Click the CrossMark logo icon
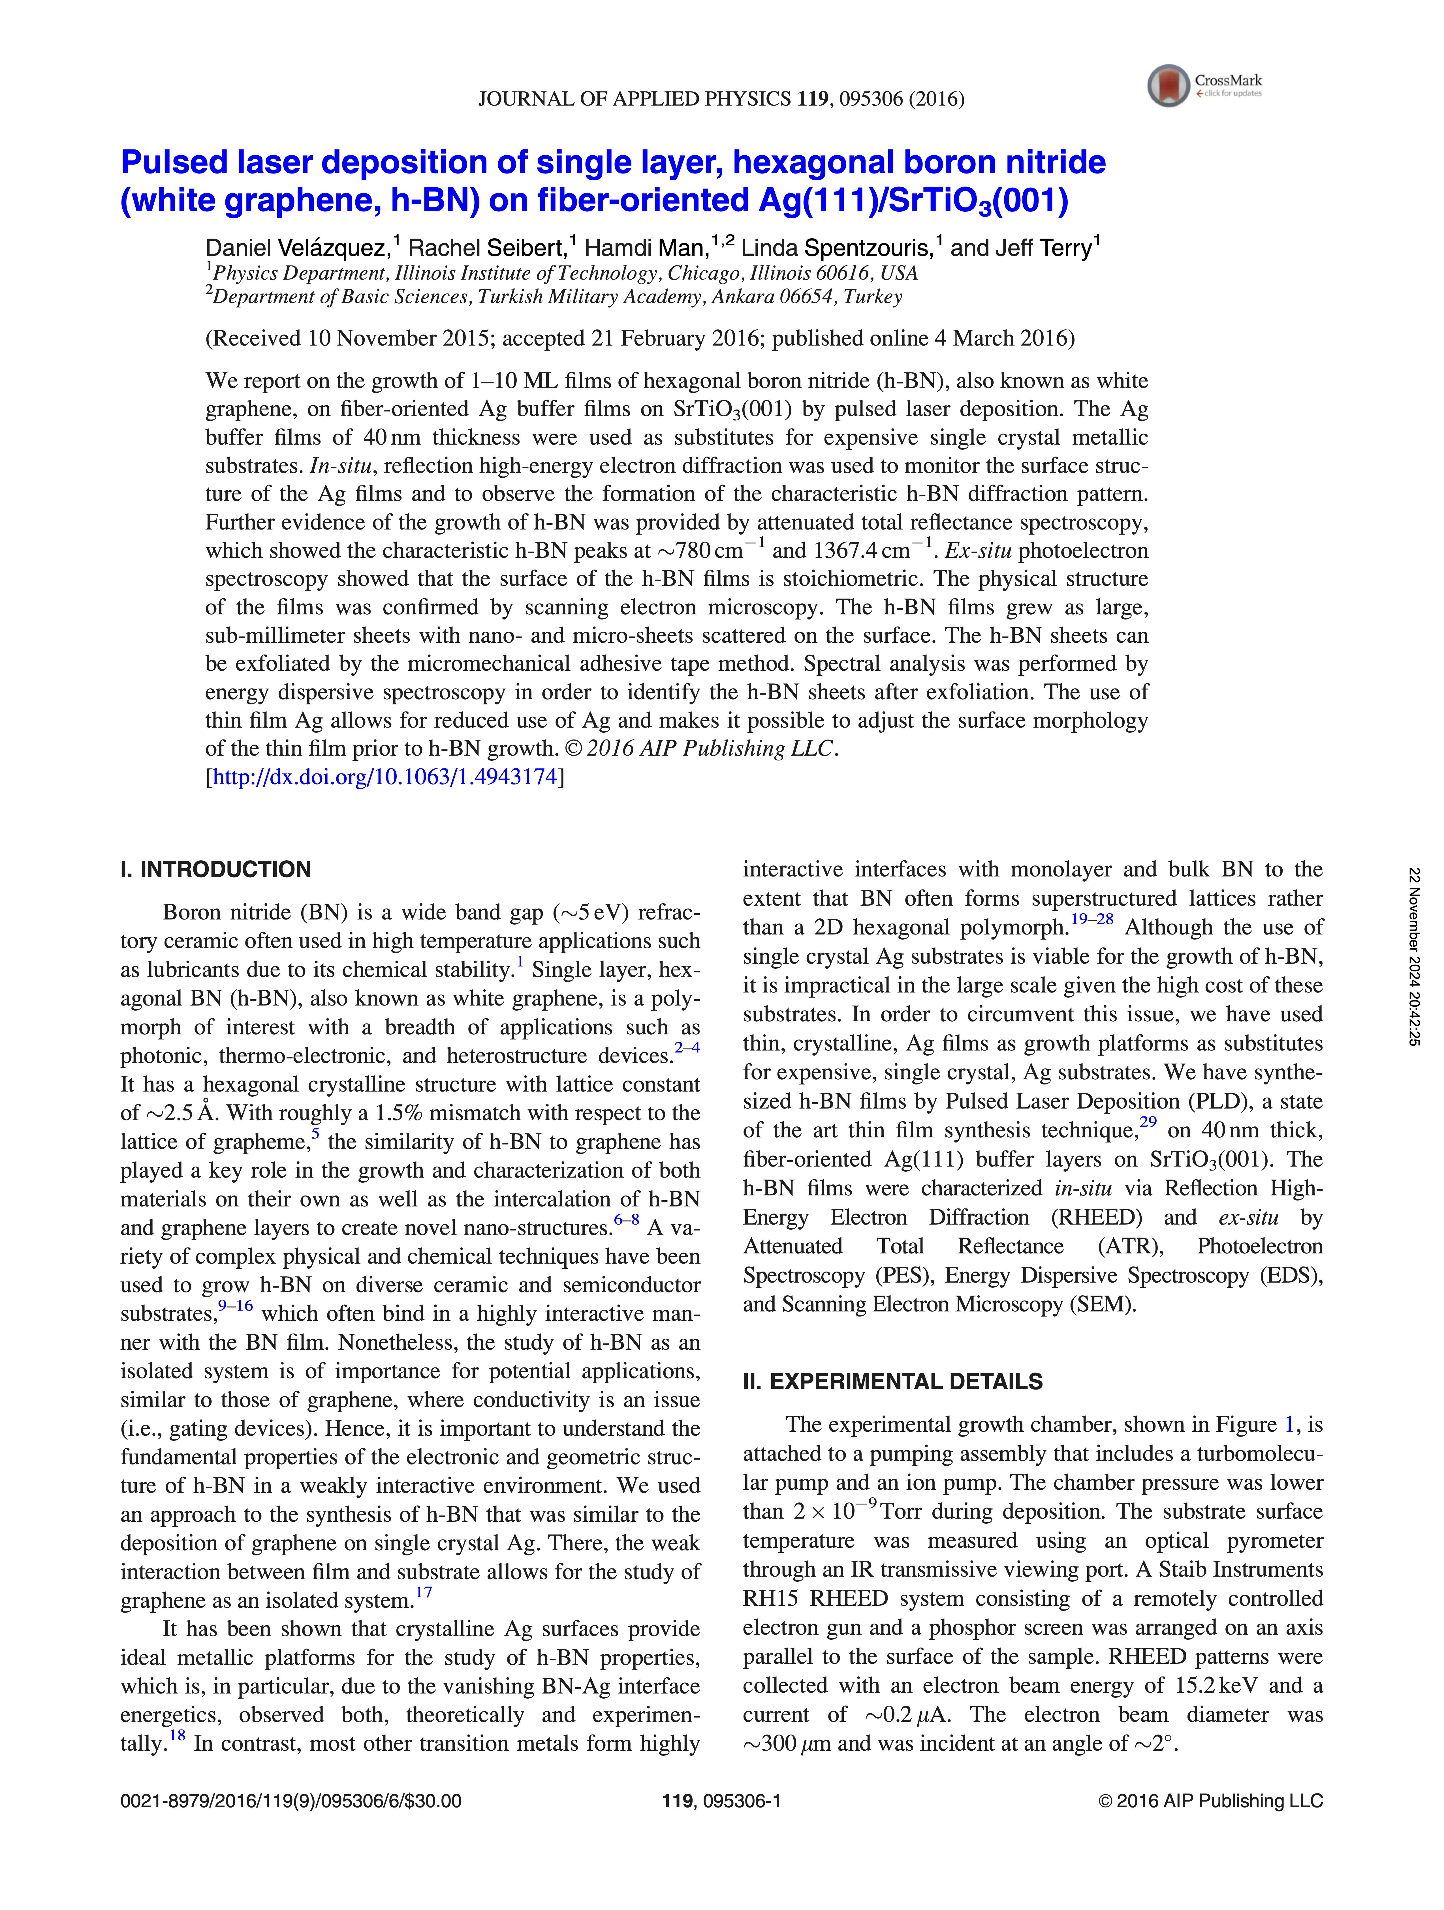(1169, 85)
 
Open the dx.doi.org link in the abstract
(384, 777)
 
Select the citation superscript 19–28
(1092, 919)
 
